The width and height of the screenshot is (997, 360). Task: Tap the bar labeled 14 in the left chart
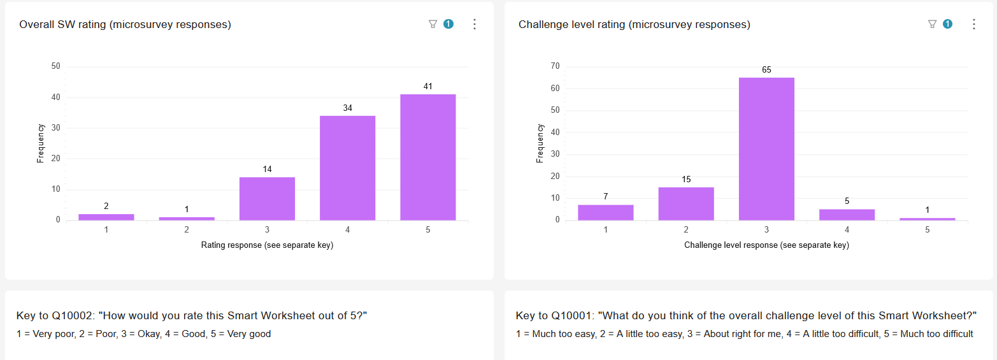[267, 198]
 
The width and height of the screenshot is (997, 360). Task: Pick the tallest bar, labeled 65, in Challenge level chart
[766, 148]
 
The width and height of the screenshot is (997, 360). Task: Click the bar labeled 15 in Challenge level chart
[686, 203]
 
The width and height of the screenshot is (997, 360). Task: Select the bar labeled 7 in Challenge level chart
[606, 212]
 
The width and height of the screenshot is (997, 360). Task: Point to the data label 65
[766, 69]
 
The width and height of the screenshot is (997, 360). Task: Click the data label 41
[427, 86]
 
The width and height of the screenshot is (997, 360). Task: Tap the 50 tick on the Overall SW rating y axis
[55, 66]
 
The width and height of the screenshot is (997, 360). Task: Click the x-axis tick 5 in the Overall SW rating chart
[427, 229]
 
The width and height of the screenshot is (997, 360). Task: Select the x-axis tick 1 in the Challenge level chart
[606, 229]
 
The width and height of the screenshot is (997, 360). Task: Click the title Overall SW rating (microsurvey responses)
[125, 25]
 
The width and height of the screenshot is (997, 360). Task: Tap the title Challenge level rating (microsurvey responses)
[634, 25]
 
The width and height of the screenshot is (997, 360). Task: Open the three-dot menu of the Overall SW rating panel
[474, 24]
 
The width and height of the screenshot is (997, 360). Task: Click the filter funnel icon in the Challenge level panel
[932, 24]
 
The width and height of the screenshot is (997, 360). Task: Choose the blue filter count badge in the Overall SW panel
[448, 24]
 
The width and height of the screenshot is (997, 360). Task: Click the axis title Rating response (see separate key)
[267, 245]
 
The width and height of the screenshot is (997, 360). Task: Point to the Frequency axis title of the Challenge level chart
[540, 143]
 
